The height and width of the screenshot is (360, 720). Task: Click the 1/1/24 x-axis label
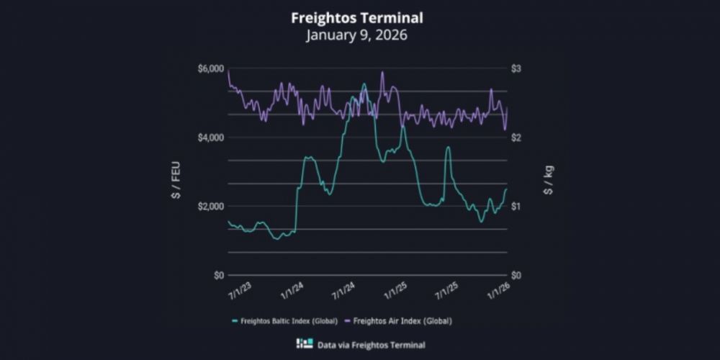[291, 292]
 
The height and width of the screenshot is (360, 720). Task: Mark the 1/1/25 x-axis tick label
[396, 292]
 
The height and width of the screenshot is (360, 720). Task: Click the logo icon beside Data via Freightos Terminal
[305, 344]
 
